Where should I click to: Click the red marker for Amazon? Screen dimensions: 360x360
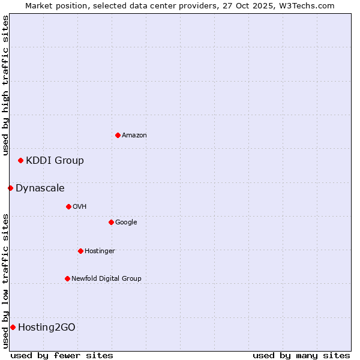[x=118, y=135]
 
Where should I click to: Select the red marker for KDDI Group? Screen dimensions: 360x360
[x=20, y=160]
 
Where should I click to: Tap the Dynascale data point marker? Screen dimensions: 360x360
[x=10, y=188]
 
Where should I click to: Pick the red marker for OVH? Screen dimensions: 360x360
[x=68, y=206]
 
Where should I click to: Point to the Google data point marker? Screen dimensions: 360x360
[x=111, y=222]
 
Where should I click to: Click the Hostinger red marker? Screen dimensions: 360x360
[x=80, y=251]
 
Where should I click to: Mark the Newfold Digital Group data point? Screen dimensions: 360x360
[x=67, y=278]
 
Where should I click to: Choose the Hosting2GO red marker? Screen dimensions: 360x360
[x=13, y=327]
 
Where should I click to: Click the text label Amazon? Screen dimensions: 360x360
[x=134, y=136]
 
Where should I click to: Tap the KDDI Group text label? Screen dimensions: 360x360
[x=55, y=161]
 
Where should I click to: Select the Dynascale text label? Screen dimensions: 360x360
[x=40, y=188]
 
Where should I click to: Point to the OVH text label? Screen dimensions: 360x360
[x=80, y=207]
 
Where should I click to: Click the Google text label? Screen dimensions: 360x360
[x=126, y=223]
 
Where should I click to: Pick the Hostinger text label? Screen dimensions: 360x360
[x=100, y=251]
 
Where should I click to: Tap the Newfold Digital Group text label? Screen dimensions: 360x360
[x=106, y=279]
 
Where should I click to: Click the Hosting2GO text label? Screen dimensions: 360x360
[x=47, y=328]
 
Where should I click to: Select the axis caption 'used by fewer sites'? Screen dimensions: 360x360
[x=62, y=355]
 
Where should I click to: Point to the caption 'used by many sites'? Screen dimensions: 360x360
[x=301, y=355]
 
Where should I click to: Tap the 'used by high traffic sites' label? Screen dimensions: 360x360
[x=5, y=85]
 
